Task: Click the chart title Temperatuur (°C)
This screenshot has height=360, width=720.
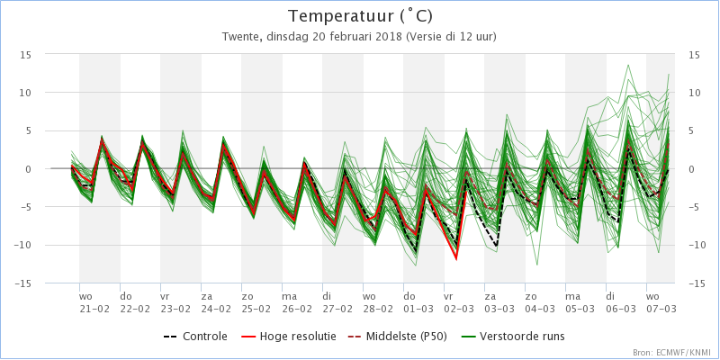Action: [x=359, y=16]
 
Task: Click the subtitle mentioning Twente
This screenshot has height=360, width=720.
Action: [x=359, y=37]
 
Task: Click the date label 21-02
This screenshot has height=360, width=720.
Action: [x=94, y=309]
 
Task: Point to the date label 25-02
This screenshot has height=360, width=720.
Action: [x=256, y=309]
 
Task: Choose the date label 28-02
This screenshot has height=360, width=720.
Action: [x=378, y=309]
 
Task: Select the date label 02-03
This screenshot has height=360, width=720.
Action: [x=459, y=309]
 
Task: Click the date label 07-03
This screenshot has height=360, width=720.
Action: [x=661, y=309]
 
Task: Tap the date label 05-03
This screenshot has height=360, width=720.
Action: [x=580, y=309]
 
